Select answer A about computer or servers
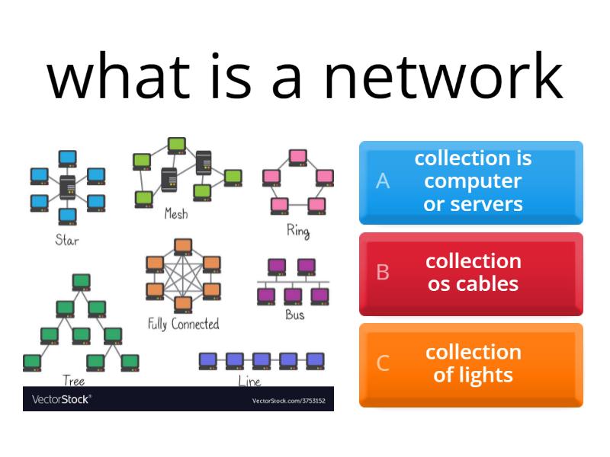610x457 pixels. coord(471,182)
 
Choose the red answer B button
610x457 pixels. coord(471,273)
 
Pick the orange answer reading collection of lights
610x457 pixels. coord(471,365)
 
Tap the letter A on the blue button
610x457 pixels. coord(383,181)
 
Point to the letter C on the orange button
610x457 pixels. coord(383,363)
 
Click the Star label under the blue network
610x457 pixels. coord(67,239)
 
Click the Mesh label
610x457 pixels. coord(176,214)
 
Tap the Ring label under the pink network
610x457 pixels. coord(298,230)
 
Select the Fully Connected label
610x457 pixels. coord(183,324)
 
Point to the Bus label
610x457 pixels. coord(295,314)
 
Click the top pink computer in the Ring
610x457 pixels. coord(298,157)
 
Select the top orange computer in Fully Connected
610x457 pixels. coord(183,246)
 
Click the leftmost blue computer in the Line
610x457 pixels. coord(207,360)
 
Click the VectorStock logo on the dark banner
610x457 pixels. coord(61,399)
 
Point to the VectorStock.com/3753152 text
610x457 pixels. coord(288,401)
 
